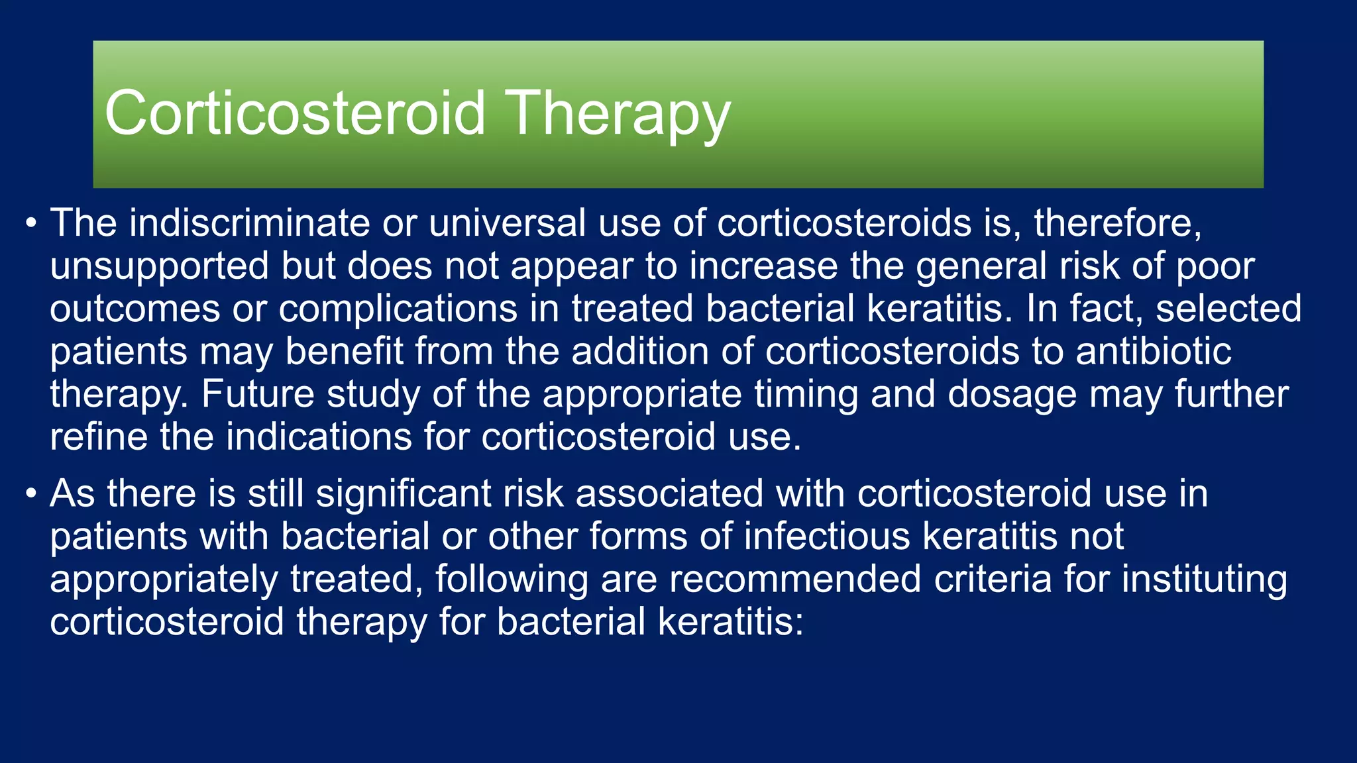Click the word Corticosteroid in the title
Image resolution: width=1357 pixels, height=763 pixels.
point(295,114)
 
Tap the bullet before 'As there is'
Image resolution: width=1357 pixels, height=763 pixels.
point(31,494)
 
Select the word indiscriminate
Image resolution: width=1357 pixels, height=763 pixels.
point(249,223)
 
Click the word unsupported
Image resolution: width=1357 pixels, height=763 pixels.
point(159,267)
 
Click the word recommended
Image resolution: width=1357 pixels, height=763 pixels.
point(794,580)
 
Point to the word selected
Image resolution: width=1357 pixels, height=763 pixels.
point(1228,309)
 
